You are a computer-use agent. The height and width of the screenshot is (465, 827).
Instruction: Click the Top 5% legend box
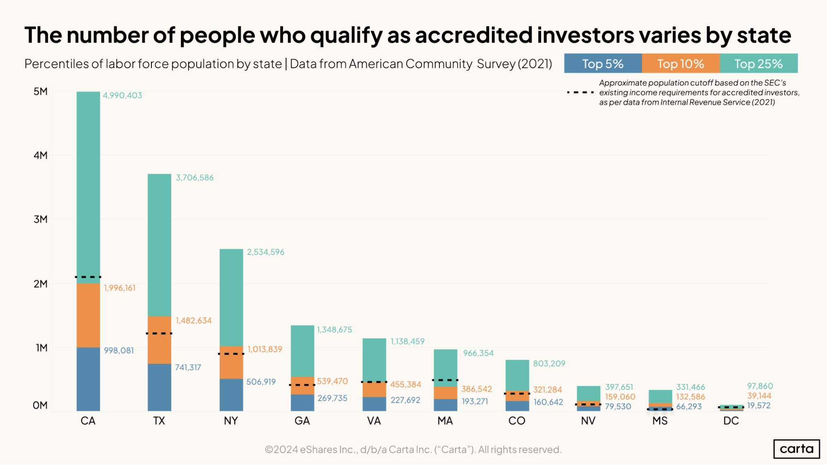[603, 64]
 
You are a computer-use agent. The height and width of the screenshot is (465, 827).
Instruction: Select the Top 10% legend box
[681, 64]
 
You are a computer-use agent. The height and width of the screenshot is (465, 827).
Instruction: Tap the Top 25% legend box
[758, 64]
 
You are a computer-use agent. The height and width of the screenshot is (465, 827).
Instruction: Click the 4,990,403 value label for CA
[122, 95]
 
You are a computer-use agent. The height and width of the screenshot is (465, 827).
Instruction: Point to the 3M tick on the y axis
[41, 219]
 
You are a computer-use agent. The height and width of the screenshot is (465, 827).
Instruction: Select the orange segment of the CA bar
[88, 315]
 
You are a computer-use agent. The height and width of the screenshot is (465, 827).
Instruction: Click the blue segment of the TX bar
[159, 387]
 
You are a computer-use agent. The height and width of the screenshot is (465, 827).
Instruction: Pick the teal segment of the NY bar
[231, 298]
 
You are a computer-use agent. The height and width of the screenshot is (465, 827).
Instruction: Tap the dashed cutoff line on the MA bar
[445, 380]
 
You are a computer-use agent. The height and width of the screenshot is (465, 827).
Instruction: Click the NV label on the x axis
[588, 421]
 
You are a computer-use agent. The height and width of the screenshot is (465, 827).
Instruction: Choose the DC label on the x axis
[731, 421]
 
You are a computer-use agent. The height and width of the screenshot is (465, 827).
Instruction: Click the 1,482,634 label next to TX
[194, 321]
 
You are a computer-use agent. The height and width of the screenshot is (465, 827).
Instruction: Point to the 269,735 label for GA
[332, 398]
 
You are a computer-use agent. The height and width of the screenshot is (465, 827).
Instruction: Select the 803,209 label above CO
[549, 364]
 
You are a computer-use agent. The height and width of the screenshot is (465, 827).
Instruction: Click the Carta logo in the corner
[796, 449]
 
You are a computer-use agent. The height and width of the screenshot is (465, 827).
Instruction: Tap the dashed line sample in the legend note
[580, 93]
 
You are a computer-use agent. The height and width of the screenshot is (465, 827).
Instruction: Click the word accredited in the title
[473, 35]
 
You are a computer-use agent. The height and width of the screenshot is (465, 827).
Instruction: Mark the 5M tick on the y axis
[41, 91]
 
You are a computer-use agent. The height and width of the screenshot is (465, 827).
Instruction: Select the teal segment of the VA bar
[374, 360]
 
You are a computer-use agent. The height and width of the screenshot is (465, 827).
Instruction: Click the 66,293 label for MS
[689, 407]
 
